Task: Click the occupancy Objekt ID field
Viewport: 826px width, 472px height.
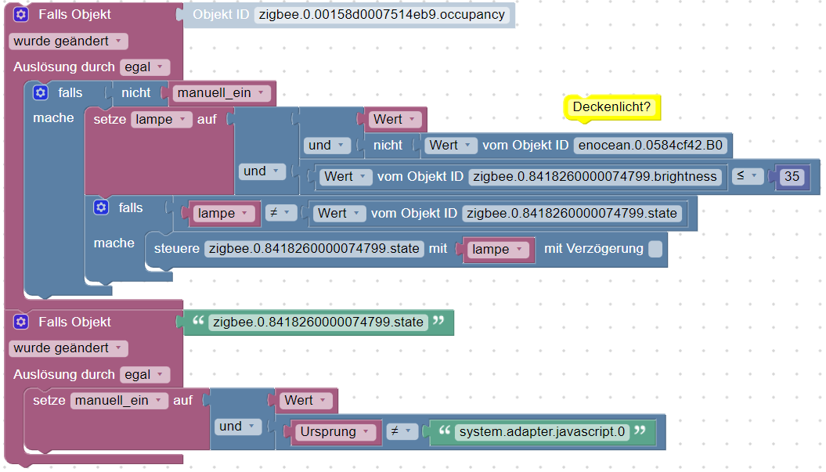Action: (x=381, y=15)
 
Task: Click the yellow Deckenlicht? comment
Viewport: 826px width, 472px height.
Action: (x=611, y=106)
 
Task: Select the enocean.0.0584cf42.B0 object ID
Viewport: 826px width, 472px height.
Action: (x=650, y=145)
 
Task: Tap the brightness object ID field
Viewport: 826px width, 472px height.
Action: (x=596, y=177)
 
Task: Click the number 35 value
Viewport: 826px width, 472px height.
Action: (x=792, y=177)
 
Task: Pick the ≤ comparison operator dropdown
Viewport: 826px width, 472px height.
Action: (x=748, y=177)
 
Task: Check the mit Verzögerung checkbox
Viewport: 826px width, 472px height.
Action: (x=655, y=249)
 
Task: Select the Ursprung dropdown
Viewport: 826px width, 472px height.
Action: (x=332, y=431)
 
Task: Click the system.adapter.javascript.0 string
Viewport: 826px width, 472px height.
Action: (x=542, y=431)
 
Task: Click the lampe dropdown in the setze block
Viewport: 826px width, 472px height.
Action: (x=162, y=120)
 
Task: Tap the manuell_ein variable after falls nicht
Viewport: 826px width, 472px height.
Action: (x=220, y=93)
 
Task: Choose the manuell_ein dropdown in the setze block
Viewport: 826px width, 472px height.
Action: (x=119, y=400)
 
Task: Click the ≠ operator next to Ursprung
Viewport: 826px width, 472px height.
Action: (x=399, y=431)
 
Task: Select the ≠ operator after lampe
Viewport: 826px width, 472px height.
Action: (x=280, y=213)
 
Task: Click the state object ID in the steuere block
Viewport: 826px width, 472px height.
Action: (x=316, y=249)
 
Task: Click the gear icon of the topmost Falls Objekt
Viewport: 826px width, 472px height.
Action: (x=21, y=14)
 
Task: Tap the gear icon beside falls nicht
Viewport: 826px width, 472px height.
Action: (x=41, y=93)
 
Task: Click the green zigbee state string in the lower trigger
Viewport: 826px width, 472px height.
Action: (x=317, y=322)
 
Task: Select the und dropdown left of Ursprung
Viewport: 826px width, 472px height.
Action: (x=237, y=427)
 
